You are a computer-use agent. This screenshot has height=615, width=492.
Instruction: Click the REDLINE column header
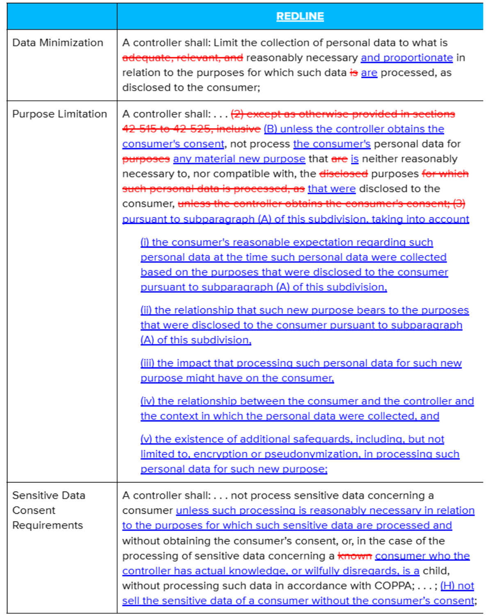pyautogui.click(x=300, y=16)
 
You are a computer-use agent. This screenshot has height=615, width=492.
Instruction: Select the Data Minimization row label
pyautogui.click(x=58, y=43)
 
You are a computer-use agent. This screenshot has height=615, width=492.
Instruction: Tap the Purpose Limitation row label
pyautogui.click(x=59, y=114)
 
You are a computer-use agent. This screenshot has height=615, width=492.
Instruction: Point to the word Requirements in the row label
pyautogui.click(x=48, y=525)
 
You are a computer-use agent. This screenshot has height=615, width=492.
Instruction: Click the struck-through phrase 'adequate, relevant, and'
pyautogui.click(x=182, y=58)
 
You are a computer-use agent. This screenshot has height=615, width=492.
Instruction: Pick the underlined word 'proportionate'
pyautogui.click(x=418, y=58)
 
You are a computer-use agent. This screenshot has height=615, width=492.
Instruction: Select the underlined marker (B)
pyautogui.click(x=270, y=129)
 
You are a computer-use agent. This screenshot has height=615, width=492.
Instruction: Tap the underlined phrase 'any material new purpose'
pyautogui.click(x=239, y=159)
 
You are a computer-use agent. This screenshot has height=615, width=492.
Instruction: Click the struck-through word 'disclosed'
pyautogui.click(x=343, y=174)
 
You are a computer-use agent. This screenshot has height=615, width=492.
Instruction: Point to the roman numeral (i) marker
pyautogui.click(x=145, y=242)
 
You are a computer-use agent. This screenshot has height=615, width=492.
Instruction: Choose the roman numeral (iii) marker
pyautogui.click(x=147, y=363)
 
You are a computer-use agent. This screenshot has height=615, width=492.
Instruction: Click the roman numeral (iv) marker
pyautogui.click(x=148, y=401)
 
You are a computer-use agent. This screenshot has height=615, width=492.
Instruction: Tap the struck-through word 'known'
pyautogui.click(x=355, y=556)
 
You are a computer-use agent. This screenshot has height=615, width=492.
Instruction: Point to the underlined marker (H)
pyautogui.click(x=447, y=585)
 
